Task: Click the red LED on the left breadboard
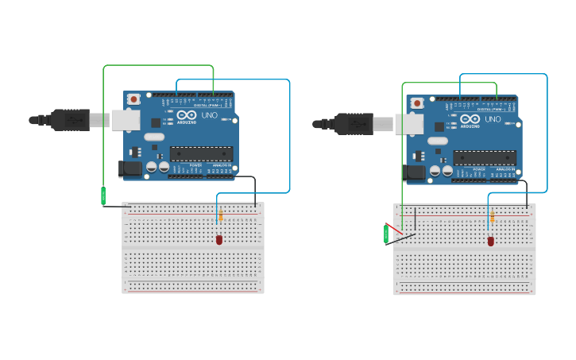(219, 239)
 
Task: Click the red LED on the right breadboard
(490, 241)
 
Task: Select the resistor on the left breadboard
(220, 215)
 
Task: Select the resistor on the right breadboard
(492, 217)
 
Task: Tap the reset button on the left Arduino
(133, 99)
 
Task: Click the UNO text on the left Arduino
(208, 115)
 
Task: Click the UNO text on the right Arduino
(492, 119)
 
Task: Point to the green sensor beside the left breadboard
(103, 195)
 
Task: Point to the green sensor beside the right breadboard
(386, 234)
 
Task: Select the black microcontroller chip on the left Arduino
(201, 153)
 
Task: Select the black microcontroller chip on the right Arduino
(485, 157)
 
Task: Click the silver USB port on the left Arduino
(125, 120)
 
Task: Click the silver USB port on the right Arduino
(408, 124)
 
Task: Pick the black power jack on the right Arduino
(414, 172)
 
